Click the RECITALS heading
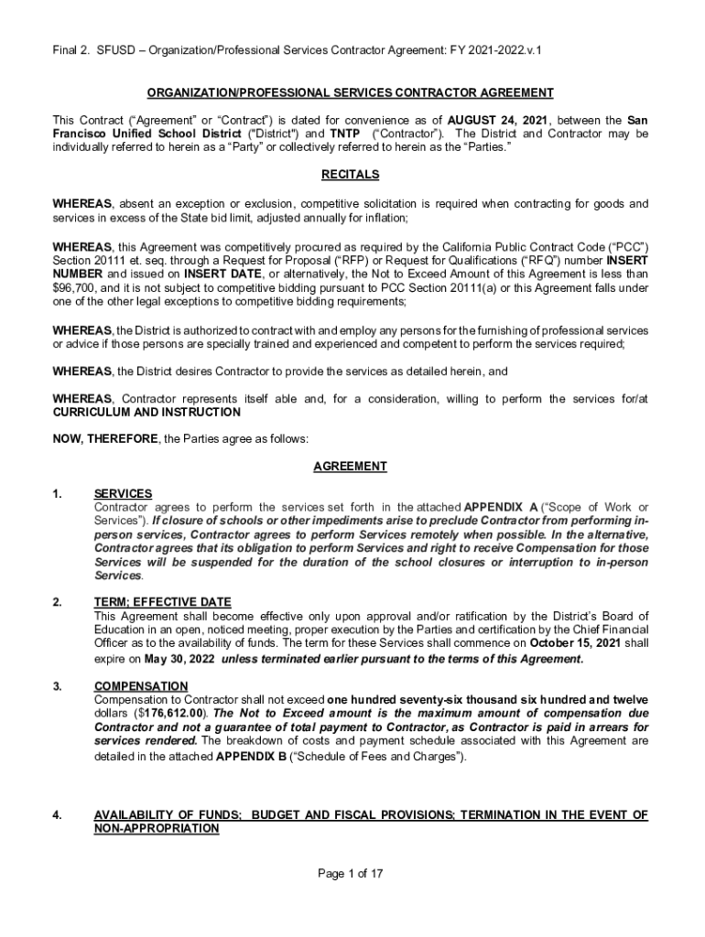(350, 175)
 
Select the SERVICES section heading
(123, 494)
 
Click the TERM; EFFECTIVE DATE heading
(162, 602)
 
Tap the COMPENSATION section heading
(141, 686)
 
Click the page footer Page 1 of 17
(350, 874)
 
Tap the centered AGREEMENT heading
(350, 467)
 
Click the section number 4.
(58, 814)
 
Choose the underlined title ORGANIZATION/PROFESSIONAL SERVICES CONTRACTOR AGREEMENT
(350, 92)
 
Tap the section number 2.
(58, 602)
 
